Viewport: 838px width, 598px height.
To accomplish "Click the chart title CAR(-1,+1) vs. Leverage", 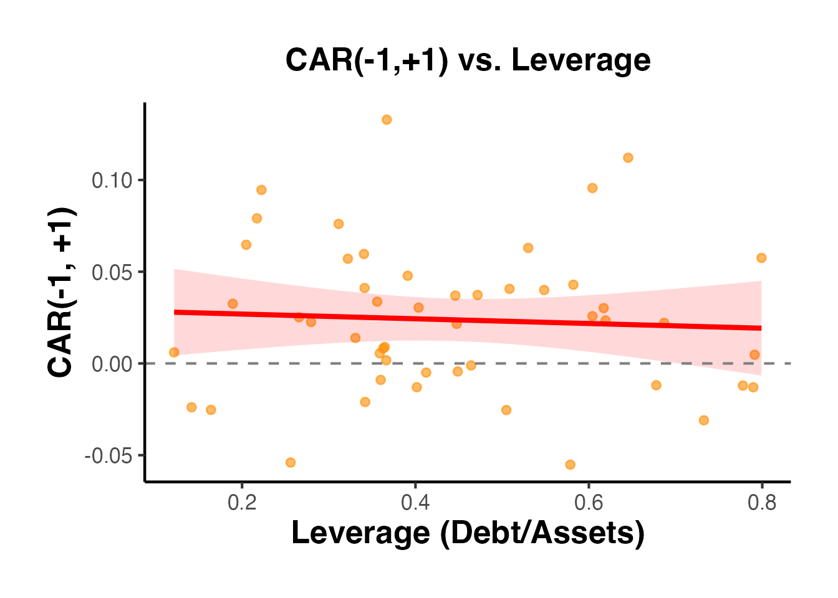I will point(468,60).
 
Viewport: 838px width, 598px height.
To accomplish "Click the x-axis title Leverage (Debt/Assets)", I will point(468,533).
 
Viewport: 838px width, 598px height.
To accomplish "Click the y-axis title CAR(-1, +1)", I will point(62,292).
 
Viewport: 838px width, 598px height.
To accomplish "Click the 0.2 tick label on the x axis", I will point(242,503).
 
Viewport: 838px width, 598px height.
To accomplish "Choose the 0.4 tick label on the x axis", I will point(415,503).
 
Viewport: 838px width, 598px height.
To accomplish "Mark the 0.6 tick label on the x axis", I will point(588,503).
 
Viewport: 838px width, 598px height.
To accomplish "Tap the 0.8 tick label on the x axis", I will point(761,503).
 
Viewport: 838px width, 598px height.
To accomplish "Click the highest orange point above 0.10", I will point(387,120).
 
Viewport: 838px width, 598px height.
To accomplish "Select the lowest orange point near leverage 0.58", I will point(570,465).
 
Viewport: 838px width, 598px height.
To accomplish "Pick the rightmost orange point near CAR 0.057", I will point(761,258).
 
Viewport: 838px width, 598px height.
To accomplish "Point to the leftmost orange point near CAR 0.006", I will point(174,353).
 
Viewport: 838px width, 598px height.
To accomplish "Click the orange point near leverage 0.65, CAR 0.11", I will point(628,158).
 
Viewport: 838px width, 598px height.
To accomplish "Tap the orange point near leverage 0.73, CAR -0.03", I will point(704,420).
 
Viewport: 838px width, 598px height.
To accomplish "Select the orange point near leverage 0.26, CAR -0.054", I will point(291,462).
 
